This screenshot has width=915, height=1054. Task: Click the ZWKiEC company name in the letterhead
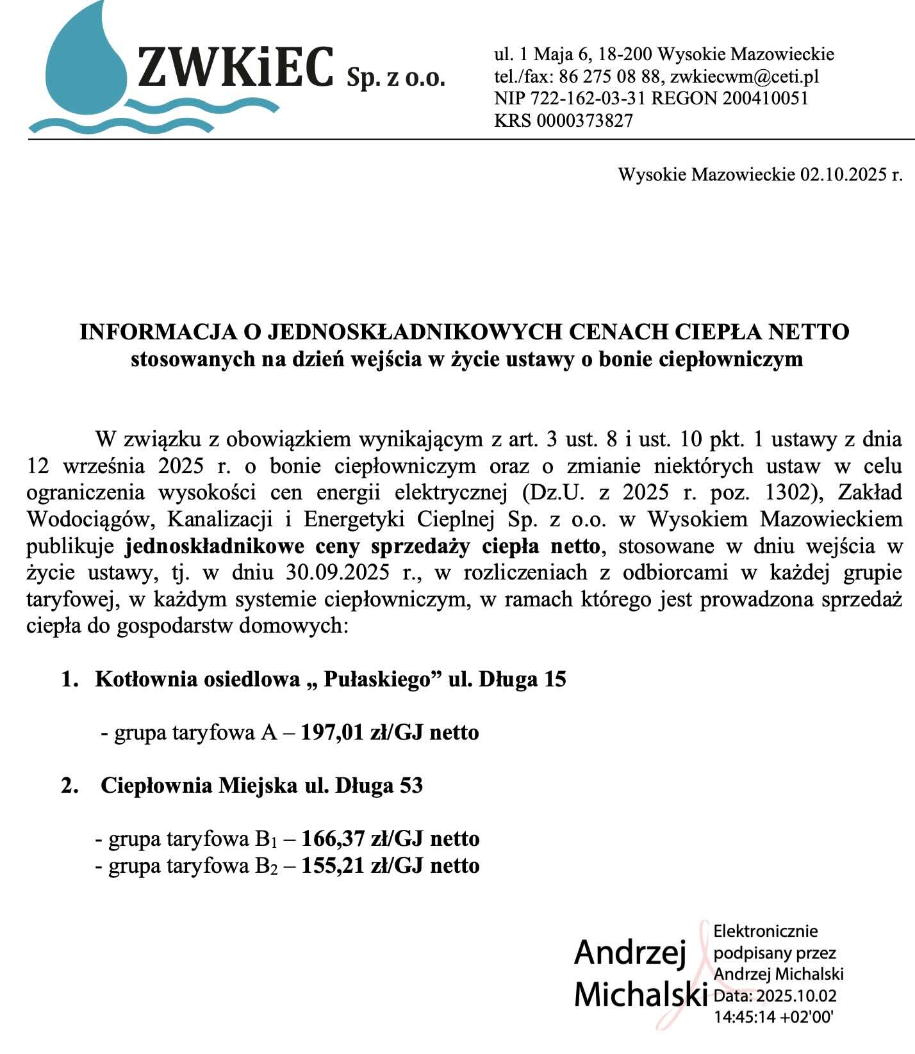236,67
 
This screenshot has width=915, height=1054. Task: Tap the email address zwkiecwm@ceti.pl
745,77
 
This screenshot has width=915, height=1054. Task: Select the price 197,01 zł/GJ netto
390,732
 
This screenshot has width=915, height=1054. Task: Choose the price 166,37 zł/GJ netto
390,838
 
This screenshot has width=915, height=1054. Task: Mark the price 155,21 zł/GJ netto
390,866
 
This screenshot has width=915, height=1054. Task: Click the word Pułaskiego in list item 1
375,679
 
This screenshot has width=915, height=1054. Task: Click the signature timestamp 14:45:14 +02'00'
773,1016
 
